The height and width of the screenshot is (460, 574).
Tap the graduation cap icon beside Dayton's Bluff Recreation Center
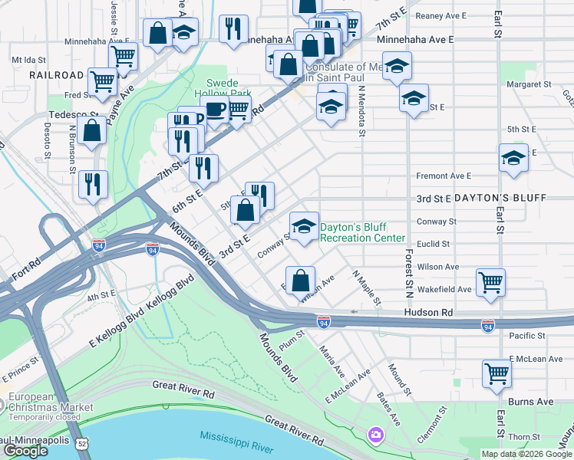[x=305, y=226]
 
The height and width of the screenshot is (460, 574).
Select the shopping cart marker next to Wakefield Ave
[x=490, y=281]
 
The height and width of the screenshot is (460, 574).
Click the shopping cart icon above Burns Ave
[x=496, y=373]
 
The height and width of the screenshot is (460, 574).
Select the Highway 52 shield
[x=82, y=442]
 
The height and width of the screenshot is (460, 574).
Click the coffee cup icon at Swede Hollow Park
[x=216, y=110]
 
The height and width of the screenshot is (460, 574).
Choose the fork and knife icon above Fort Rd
[x=92, y=184]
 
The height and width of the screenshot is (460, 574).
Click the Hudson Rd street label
[x=430, y=313]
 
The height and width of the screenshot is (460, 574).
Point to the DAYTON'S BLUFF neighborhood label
[x=500, y=198]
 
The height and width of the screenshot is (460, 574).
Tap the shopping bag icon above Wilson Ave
[x=300, y=278]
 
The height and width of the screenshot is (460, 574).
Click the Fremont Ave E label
[x=443, y=176]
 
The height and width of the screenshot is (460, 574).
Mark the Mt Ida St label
[x=28, y=59]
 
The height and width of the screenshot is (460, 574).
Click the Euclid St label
[x=435, y=244]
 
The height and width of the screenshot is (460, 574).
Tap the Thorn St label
[x=524, y=436]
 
